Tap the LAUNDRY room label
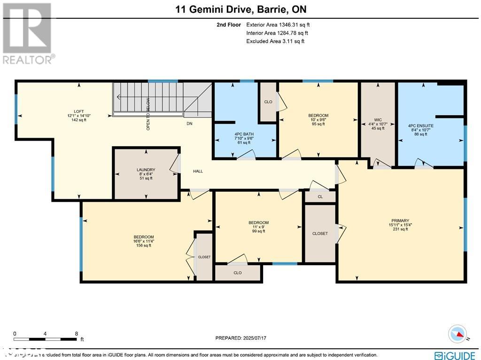coord(146,170)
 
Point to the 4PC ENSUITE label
coord(420,126)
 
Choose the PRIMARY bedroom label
coord(400,220)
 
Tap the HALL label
coord(198,171)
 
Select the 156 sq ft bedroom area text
coord(143,245)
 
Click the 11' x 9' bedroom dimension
coord(258,227)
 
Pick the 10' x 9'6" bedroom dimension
coord(318,120)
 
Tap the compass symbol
coord(458,334)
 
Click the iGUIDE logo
coord(455,355)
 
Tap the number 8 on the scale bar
coord(76,334)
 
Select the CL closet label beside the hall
coord(320,197)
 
